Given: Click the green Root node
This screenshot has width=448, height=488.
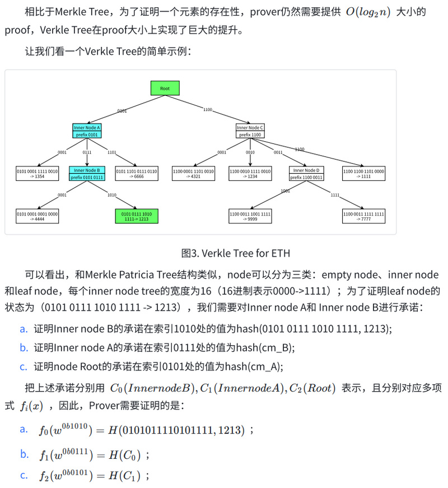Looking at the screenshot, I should point(165,89).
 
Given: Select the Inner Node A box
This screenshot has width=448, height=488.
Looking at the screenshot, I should point(87,131).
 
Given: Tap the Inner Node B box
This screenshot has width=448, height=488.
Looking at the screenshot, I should point(87,174).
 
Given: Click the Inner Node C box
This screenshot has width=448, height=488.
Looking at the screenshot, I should point(250,131).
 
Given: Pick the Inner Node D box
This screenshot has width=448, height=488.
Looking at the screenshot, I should point(306,174).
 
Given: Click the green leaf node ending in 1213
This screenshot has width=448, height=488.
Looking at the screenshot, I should point(137,216).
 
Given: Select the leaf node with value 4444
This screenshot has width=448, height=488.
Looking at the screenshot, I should point(37,216).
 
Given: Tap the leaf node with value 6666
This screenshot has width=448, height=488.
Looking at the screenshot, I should point(137,174).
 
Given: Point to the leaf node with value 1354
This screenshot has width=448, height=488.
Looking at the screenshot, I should point(37,174).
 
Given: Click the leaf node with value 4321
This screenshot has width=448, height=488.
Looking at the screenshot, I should point(193,174).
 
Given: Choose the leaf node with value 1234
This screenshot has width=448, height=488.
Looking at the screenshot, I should point(250,174).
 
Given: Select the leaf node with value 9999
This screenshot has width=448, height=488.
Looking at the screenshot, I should point(250,216).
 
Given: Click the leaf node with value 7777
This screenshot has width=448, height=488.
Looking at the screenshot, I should point(363,216).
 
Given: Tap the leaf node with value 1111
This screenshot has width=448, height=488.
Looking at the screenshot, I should point(363,174).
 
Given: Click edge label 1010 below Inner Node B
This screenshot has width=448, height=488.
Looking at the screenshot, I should point(112,195).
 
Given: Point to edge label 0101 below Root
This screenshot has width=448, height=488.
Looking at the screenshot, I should point(122,111).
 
